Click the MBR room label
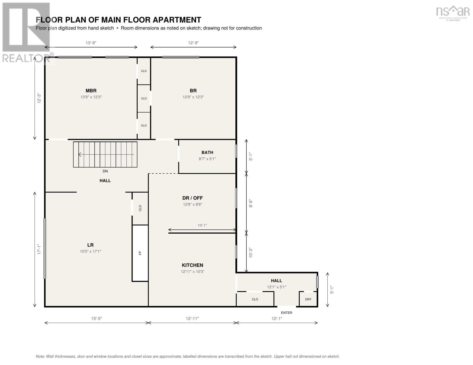(x=91, y=91)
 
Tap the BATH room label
(x=207, y=152)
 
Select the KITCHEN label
(x=192, y=265)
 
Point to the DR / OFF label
(x=192, y=198)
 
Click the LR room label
(x=90, y=245)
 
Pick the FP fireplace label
(x=140, y=253)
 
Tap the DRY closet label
(x=308, y=299)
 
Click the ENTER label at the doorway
(x=287, y=313)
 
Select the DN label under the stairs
(x=105, y=171)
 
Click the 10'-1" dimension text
(x=202, y=225)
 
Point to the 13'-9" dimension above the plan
(x=91, y=43)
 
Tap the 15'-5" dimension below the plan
(x=97, y=318)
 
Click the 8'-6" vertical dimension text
(x=251, y=203)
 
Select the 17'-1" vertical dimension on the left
(x=39, y=249)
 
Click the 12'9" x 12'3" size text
(x=193, y=97)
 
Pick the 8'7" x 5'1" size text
(x=207, y=159)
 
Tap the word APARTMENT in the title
(x=177, y=20)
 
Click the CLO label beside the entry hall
(x=255, y=299)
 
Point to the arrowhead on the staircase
(x=79, y=154)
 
